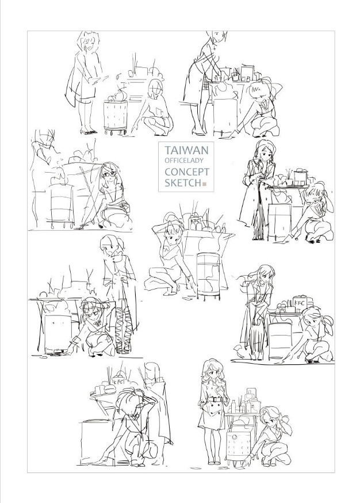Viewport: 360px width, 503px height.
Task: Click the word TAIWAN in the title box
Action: tap(186, 150)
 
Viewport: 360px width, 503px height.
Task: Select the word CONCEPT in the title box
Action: tap(187, 172)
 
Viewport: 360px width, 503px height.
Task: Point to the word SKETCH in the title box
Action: tap(183, 183)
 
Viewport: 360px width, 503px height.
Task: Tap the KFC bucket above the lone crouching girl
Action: tap(195, 223)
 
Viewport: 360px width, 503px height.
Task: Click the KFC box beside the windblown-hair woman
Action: tap(300, 303)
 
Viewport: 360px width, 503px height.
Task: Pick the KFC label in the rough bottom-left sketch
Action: tap(118, 382)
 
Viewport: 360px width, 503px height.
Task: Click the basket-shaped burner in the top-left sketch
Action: tap(116, 116)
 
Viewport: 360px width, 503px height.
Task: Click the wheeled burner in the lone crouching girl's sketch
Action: tap(208, 276)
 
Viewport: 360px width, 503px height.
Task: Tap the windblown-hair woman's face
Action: tap(265, 275)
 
